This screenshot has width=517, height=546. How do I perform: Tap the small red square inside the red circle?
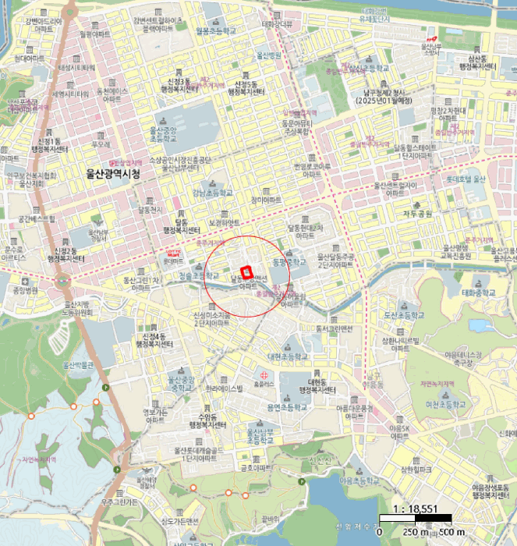click(248, 272)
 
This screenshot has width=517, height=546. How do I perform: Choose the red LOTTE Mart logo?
click(173, 252)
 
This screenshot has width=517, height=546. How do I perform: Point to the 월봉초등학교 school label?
click(216, 32)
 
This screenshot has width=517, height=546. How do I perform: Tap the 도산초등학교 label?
click(402, 315)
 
